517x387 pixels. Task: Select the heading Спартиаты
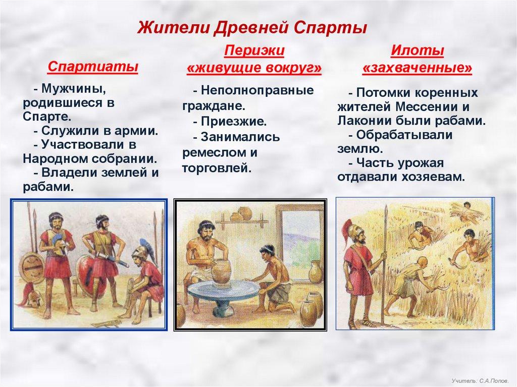pyautogui.click(x=93, y=67)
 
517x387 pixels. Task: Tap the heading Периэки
pyautogui.click(x=254, y=51)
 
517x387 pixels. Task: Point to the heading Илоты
pyautogui.click(x=417, y=51)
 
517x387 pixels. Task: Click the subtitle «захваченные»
pyautogui.click(x=418, y=68)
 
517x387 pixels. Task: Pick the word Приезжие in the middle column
pyautogui.click(x=234, y=122)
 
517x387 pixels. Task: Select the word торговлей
pyautogui.click(x=217, y=169)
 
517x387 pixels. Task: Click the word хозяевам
pyautogui.click(x=433, y=177)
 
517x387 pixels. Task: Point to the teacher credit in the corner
pyautogui.click(x=480, y=381)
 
